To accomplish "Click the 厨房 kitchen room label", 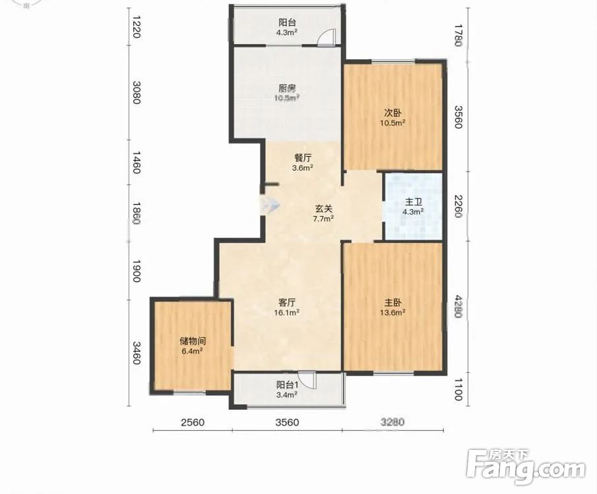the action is tap(287, 89).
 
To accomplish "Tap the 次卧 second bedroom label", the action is tap(393, 113).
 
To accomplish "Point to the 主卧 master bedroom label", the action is tap(393, 303).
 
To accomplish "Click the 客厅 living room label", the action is tap(287, 303).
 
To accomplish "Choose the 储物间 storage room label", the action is tap(193, 341).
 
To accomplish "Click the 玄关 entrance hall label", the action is tap(324, 208).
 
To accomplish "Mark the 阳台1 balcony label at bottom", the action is tap(287, 385).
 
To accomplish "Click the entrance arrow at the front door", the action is tap(270, 206).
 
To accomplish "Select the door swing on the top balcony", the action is tap(327, 37).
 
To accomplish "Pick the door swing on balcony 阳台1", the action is tap(307, 379).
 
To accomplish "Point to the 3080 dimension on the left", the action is tap(137, 92).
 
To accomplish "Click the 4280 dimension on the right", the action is tap(458, 306).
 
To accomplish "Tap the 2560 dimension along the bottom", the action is tap(193, 422).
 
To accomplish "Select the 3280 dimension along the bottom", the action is tap(393, 422).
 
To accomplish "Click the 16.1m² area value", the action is tap(287, 313).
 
